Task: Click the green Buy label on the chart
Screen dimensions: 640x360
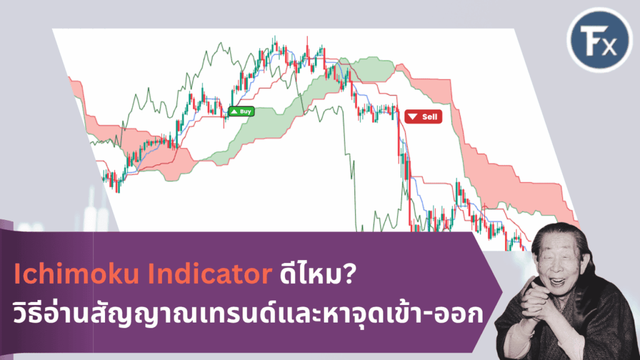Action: pos(241,111)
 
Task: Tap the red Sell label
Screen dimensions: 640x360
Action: pos(423,117)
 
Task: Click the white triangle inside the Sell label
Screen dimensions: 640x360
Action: pos(412,117)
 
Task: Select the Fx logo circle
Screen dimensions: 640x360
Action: pos(599,39)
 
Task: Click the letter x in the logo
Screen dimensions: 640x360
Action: pos(609,46)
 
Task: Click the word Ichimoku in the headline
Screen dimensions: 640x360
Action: pos(77,274)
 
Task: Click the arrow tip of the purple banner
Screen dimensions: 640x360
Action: pos(502,292)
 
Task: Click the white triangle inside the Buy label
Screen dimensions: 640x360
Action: pos(234,111)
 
